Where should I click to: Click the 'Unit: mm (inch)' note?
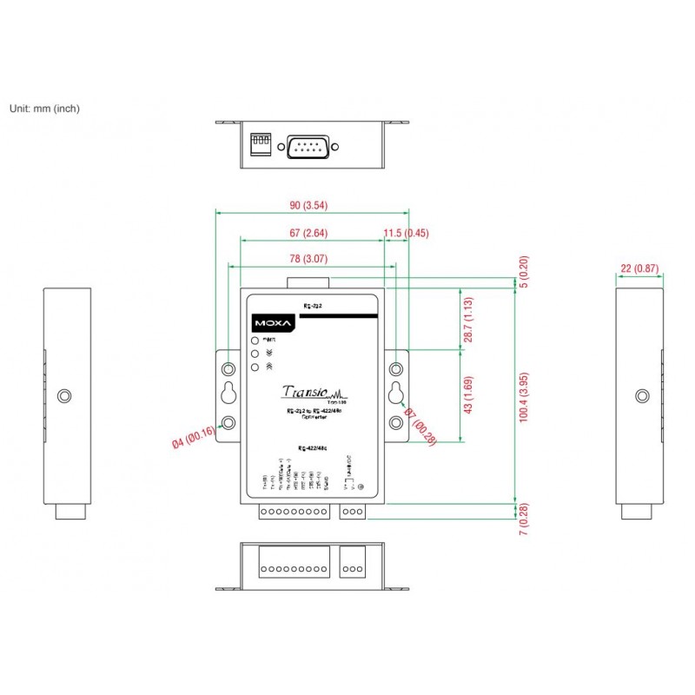pos(44,109)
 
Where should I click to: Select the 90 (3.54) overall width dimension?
pos(309,205)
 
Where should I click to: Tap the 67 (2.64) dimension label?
pos(308,233)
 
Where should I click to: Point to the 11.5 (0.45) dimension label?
pos(407,233)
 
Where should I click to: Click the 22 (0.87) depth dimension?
pos(639,268)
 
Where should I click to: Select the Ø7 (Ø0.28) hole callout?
pos(420,427)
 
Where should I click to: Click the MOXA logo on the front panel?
pos(274,322)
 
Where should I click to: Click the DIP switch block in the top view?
pos(259,143)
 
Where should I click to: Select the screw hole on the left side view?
pos(63,396)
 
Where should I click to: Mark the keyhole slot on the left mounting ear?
pos(228,393)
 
